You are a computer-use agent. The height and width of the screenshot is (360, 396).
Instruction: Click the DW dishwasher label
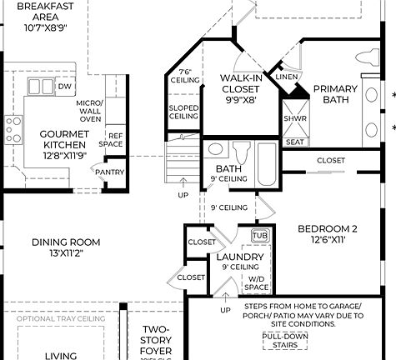coord(66,86)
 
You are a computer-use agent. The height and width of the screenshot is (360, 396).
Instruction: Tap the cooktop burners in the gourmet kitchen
coord(13,129)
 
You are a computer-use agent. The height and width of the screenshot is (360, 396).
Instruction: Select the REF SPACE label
coord(115,140)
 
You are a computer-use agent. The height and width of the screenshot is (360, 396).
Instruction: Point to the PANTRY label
coord(109,172)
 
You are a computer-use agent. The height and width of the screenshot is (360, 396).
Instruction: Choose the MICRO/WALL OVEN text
coord(89,111)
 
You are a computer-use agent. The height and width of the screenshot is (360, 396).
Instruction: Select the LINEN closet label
coord(286,77)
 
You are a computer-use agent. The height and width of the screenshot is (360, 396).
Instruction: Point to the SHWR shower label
coord(294,118)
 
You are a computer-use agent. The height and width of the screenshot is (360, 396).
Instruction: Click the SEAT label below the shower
coord(294,142)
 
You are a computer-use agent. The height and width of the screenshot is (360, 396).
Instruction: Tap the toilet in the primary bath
coord(367,59)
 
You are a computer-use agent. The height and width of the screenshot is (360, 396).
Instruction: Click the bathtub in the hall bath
coord(266,163)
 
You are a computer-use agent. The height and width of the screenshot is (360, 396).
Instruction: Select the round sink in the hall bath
coord(215,150)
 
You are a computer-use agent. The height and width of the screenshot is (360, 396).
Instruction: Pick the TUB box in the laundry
coord(259,236)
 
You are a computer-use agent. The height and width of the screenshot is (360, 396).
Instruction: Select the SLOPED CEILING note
coord(184,111)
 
